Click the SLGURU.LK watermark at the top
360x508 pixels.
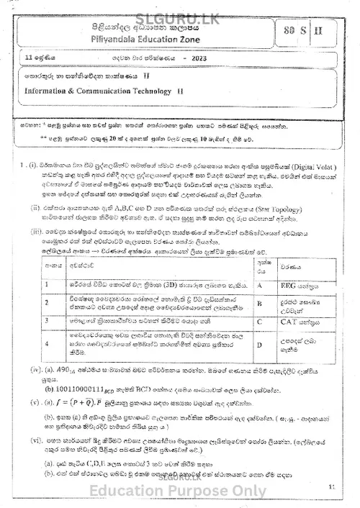pos(179,9)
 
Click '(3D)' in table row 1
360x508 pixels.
pos(171,284)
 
